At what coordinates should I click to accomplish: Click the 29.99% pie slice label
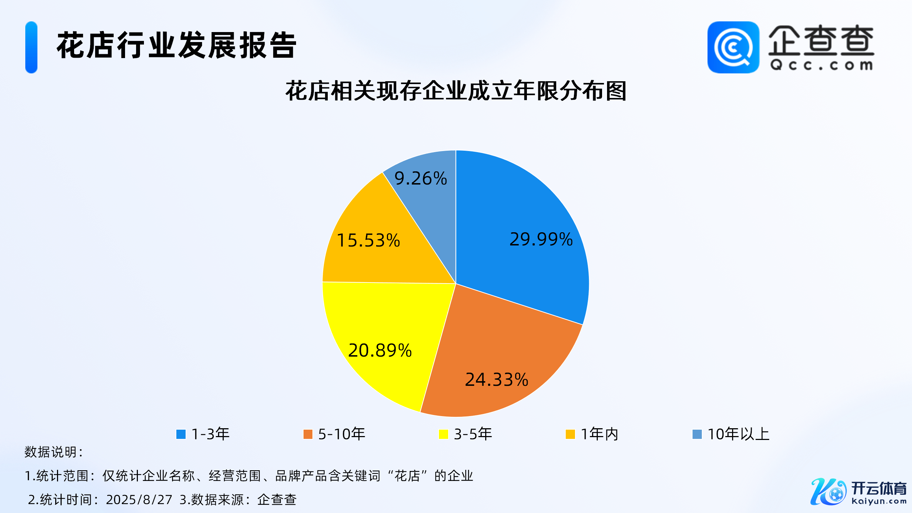(541, 239)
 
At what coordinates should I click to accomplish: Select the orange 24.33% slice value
(497, 379)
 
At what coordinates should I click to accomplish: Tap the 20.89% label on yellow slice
(380, 350)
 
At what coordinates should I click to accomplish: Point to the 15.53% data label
(368, 240)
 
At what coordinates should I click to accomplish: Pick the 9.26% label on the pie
(420, 178)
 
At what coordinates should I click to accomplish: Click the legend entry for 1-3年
(203, 434)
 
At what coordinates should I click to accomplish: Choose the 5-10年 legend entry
(334, 434)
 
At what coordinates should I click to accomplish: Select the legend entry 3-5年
(465, 434)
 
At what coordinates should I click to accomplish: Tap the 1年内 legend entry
(592, 434)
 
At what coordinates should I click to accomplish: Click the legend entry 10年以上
(731, 434)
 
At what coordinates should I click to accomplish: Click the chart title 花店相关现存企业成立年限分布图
(456, 91)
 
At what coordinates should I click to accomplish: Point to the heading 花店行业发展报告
(176, 45)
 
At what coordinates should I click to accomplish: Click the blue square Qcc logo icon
(733, 47)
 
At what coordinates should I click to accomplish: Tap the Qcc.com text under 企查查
(822, 65)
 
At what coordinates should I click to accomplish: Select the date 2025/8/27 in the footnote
(139, 499)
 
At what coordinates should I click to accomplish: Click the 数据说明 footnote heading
(53, 452)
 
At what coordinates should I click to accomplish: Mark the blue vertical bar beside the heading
(31, 47)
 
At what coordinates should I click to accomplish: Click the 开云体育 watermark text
(879, 488)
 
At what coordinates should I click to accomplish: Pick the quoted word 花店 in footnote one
(407, 476)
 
